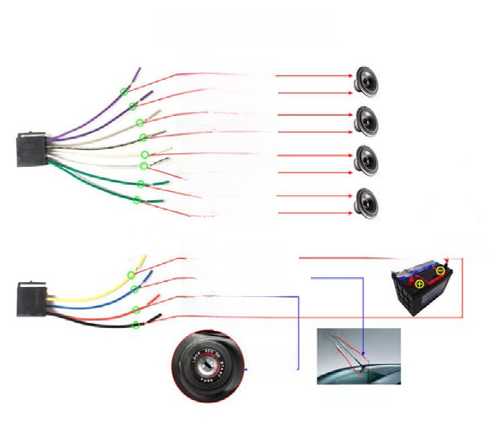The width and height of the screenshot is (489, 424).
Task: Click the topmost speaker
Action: point(366,80)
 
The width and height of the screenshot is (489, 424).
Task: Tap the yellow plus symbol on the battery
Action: point(420,285)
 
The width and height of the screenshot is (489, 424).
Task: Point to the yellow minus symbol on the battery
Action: point(440,270)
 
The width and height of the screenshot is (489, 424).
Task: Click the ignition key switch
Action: point(204,367)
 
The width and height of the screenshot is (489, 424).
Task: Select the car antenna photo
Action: point(358,356)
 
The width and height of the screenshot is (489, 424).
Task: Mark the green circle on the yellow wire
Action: point(131,275)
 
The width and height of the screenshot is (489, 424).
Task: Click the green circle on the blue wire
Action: point(134,289)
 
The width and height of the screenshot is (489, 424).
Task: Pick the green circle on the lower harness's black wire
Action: point(136,325)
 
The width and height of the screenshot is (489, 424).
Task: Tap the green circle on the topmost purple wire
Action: point(124,92)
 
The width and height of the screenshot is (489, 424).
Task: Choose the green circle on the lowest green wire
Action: point(137,200)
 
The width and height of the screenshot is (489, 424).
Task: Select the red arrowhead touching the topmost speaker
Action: point(350,76)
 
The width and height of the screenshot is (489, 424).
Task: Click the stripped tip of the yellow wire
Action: point(144,256)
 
